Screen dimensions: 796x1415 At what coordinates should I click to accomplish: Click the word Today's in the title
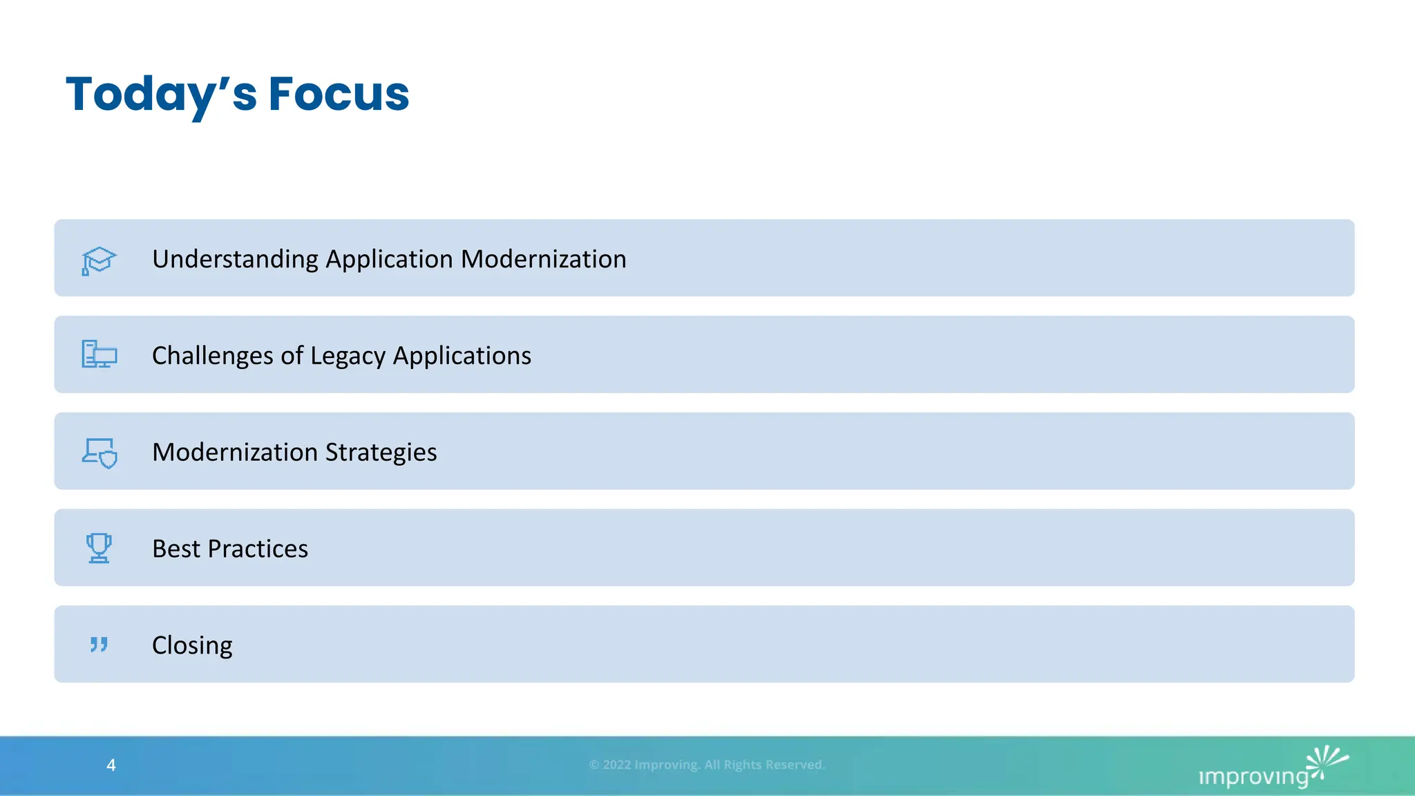[x=160, y=95]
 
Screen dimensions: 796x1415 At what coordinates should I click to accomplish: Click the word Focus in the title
[x=339, y=95]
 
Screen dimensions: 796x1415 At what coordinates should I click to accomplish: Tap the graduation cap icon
[x=99, y=260]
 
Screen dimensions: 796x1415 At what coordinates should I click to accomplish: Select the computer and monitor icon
[x=99, y=354]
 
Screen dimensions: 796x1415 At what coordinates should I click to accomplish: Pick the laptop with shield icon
[x=99, y=453]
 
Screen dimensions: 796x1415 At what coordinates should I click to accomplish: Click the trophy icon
[x=99, y=548]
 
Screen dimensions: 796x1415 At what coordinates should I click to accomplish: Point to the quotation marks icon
[x=99, y=645]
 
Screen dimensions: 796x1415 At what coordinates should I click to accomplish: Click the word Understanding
[x=235, y=259]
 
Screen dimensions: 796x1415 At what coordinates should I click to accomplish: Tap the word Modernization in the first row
[x=543, y=259]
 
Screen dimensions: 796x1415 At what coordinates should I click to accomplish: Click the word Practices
[x=258, y=549]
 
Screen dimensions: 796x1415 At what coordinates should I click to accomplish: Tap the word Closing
[x=192, y=645]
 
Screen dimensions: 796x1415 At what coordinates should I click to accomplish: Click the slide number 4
[x=111, y=765]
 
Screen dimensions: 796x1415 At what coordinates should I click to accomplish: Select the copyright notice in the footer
[x=707, y=765]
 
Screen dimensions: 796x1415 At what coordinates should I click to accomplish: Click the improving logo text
[x=1253, y=777]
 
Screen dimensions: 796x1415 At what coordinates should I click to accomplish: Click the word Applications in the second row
[x=462, y=356]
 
